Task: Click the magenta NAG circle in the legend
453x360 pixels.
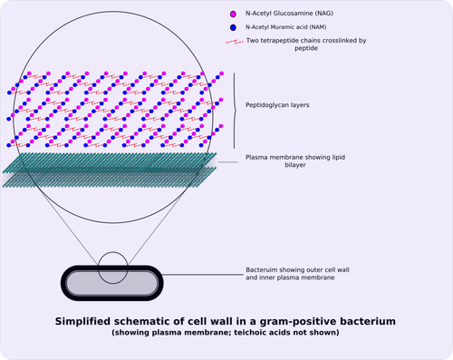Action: point(233,15)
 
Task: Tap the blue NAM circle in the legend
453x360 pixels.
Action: point(233,27)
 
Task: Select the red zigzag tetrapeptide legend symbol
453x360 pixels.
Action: point(234,41)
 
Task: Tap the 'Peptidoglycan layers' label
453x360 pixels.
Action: point(277,105)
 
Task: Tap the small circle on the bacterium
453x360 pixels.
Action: point(112,265)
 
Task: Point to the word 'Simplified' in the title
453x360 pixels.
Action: point(84,321)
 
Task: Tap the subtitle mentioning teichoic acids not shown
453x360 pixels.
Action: point(226,333)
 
